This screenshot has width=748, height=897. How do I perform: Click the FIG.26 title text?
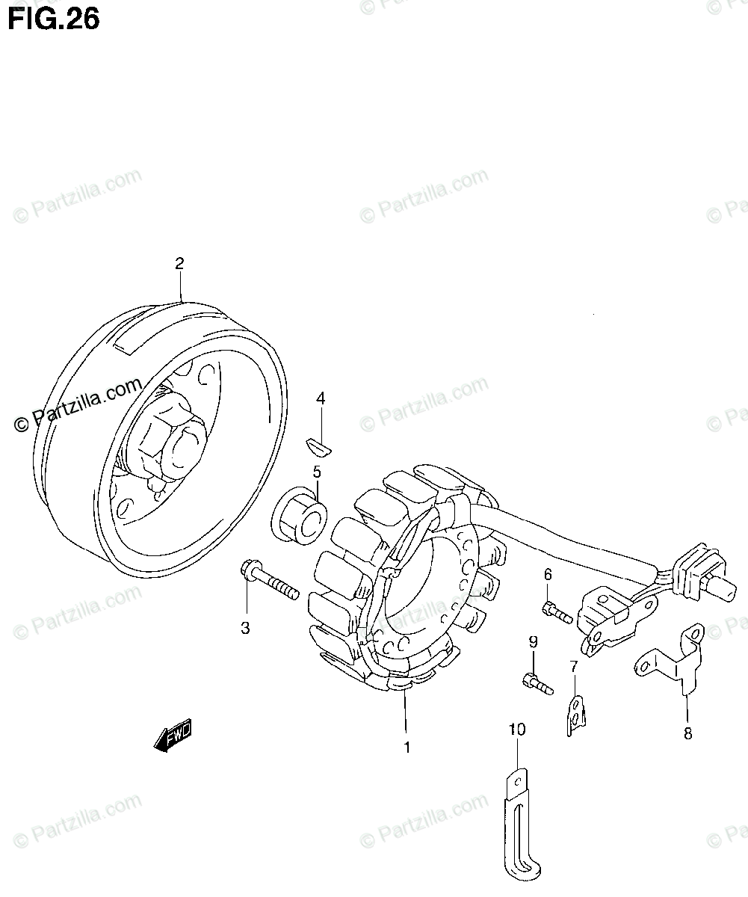[x=53, y=19]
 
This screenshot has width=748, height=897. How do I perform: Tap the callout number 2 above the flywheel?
[x=179, y=263]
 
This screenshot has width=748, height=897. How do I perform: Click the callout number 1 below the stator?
[x=407, y=747]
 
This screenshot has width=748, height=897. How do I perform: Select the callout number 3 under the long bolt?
[x=245, y=628]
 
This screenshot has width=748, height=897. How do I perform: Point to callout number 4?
[x=321, y=398]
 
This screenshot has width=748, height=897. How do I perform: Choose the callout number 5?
[x=317, y=472]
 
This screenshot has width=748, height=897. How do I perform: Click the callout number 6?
[x=547, y=574]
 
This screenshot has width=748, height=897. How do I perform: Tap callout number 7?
[x=573, y=666]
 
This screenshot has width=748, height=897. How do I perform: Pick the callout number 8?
[x=687, y=733]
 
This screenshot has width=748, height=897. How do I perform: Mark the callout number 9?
[x=533, y=641]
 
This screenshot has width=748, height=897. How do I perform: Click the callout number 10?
[x=517, y=729]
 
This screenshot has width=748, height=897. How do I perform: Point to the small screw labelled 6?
[x=557, y=613]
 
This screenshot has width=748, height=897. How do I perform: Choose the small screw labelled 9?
[x=537, y=682]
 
